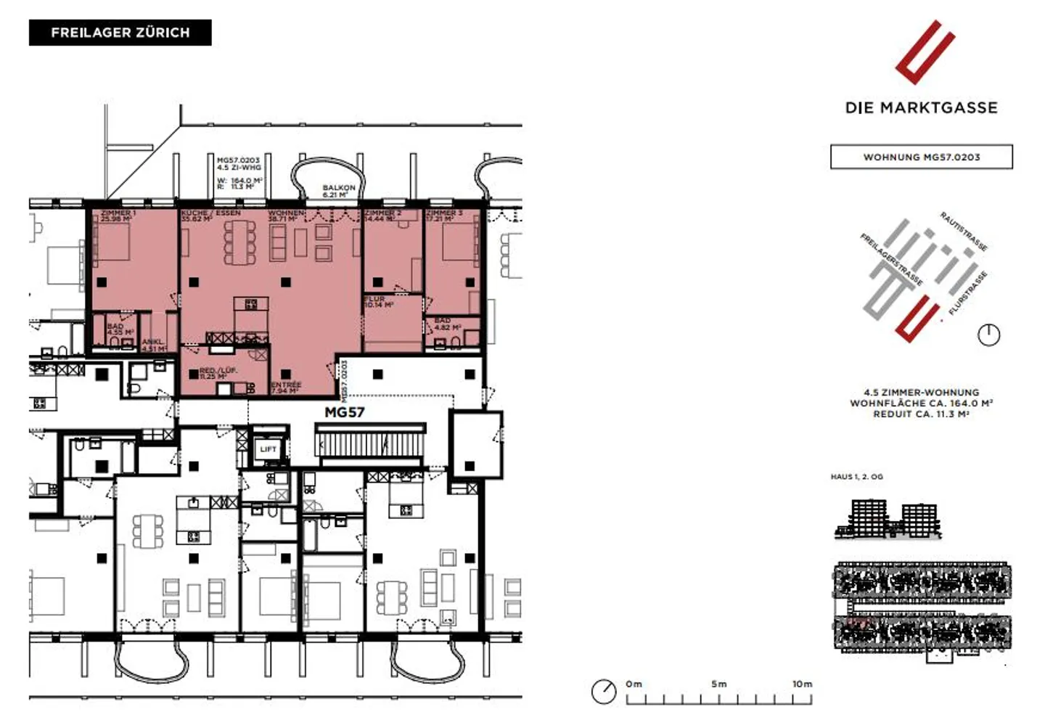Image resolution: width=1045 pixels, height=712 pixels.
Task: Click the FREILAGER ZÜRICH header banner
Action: point(120,33)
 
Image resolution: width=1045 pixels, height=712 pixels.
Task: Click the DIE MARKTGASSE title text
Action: point(921,108)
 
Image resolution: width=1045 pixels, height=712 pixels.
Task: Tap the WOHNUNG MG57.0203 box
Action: point(921,157)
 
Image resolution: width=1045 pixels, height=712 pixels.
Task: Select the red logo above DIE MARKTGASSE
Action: point(924,52)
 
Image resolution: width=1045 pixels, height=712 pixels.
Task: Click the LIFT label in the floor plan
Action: point(269,449)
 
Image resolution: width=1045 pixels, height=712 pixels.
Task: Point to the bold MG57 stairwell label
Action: point(344,412)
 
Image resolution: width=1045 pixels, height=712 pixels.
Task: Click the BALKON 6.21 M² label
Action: point(339,191)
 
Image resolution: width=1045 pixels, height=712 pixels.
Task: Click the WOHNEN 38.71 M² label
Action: point(287,216)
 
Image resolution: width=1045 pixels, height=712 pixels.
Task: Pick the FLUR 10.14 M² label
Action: point(377,302)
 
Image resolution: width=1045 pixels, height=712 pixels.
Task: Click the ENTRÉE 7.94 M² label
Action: point(285,388)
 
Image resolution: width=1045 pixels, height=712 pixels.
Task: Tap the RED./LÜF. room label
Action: point(218,373)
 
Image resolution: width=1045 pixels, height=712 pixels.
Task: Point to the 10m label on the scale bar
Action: point(802,684)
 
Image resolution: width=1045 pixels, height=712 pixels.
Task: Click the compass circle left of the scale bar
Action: point(604,692)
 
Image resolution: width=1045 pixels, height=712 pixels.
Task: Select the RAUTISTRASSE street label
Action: point(963,232)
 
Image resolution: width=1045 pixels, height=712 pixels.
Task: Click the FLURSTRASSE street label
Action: point(968,293)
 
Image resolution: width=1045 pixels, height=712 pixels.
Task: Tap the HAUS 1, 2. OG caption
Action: point(856,477)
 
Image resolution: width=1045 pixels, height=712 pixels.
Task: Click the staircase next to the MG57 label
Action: point(370,443)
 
